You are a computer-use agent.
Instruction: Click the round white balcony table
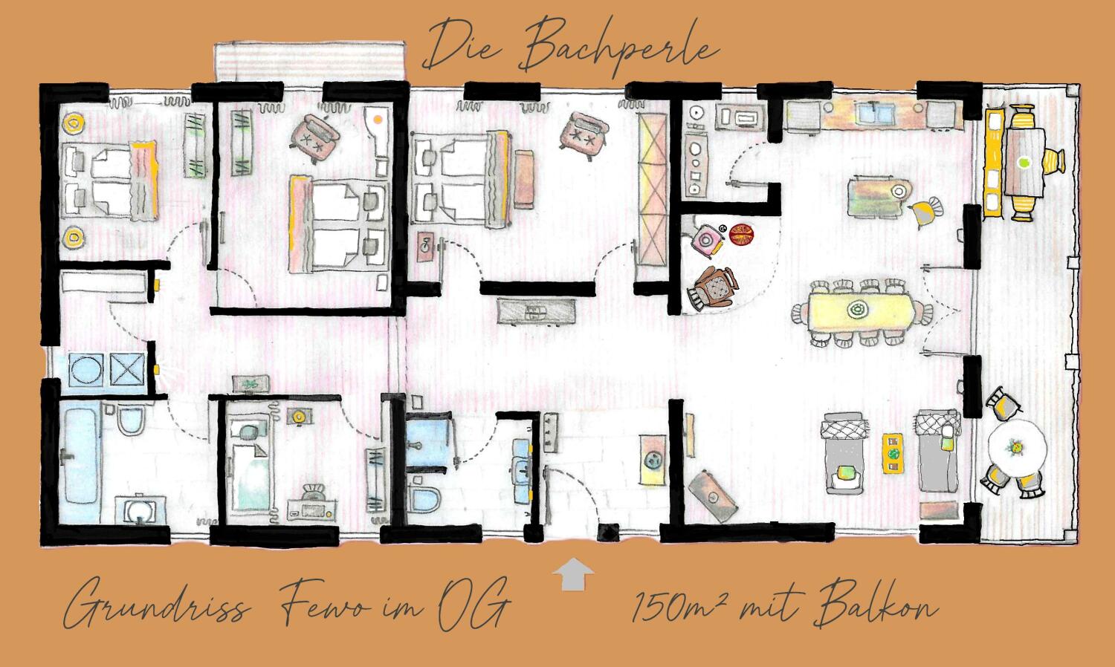(x=1018, y=449)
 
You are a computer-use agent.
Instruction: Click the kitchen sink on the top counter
(x=874, y=114)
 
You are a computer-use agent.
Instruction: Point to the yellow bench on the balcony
(x=992, y=161)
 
